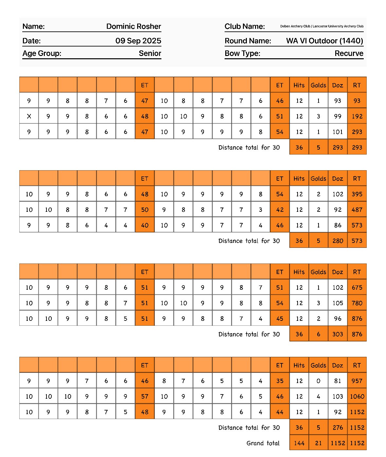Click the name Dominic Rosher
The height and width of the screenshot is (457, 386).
[x=134, y=27]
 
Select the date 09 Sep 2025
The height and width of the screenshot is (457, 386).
[x=138, y=41]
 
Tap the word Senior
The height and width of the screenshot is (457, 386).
[x=150, y=53]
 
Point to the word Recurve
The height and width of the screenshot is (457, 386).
[x=349, y=53]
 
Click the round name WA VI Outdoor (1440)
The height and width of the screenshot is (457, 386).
[x=324, y=41]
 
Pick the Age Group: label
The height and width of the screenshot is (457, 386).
[x=42, y=53]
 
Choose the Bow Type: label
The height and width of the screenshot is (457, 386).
[x=242, y=53]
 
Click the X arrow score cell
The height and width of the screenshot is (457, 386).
[x=29, y=116]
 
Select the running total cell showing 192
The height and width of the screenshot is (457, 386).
[x=357, y=116]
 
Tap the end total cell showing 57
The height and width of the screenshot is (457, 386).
[x=145, y=396]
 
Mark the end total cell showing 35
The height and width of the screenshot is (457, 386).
[x=280, y=381]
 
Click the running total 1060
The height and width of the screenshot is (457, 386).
[x=357, y=396]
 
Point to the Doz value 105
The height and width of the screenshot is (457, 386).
[x=338, y=303]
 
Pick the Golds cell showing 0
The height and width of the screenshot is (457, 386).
[x=318, y=381]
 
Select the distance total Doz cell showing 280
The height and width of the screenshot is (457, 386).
[x=338, y=241]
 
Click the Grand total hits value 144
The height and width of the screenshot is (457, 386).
[x=299, y=443]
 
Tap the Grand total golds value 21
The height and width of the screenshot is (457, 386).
[x=318, y=443]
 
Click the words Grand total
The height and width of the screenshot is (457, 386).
[x=263, y=443]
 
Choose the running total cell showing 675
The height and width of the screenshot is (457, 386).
[x=357, y=287]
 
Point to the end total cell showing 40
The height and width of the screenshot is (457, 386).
[x=145, y=225]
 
